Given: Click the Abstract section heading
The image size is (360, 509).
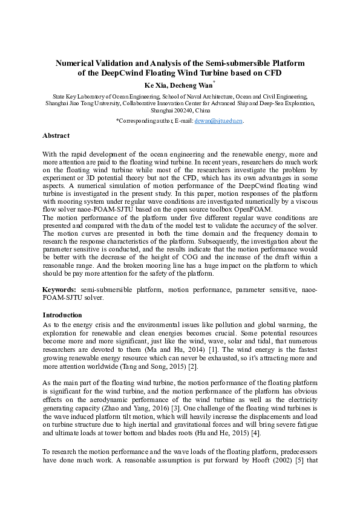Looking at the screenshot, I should [x=56, y=136].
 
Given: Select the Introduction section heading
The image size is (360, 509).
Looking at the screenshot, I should [x=63, y=315].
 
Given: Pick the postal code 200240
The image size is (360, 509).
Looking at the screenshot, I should [x=178, y=111].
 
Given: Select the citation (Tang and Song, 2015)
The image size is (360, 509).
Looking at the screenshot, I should [x=155, y=366].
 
